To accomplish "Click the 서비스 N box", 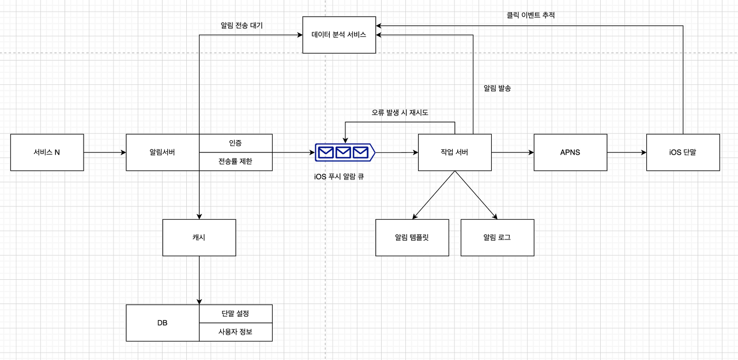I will pyautogui.click(x=47, y=152).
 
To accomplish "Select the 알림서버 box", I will pyautogui.click(x=162, y=152).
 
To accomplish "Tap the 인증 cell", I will pyautogui.click(x=235, y=143).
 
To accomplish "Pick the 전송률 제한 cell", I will pyautogui.click(x=235, y=162).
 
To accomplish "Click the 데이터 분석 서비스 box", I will pyautogui.click(x=339, y=35).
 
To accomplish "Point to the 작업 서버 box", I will pyautogui.click(x=454, y=152).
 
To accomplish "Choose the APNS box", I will pyautogui.click(x=570, y=152).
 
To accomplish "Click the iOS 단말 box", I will pyautogui.click(x=683, y=152).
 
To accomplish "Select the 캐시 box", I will pyautogui.click(x=199, y=237).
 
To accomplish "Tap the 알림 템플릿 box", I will pyautogui.click(x=412, y=237).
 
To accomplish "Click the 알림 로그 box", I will pyautogui.click(x=497, y=237).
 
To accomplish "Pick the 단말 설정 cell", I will pyautogui.click(x=235, y=313).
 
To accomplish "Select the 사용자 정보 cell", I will pyautogui.click(x=235, y=332).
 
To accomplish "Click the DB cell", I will pyautogui.click(x=162, y=322).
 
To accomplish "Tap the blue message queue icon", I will pyautogui.click(x=344, y=152).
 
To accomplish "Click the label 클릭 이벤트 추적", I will pyautogui.click(x=527, y=16).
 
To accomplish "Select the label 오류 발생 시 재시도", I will pyautogui.click(x=400, y=112).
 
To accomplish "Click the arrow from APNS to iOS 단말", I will pyautogui.click(x=627, y=152).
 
